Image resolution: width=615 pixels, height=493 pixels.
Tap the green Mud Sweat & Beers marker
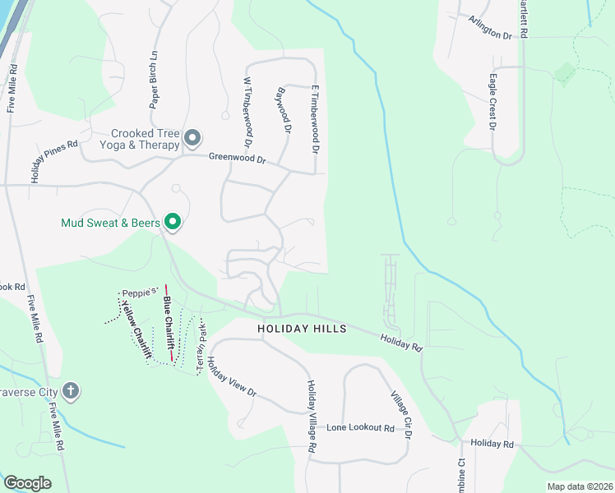point(173,222)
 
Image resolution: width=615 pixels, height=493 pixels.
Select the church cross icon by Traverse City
point(71,390)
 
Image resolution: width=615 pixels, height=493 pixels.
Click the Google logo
point(27,483)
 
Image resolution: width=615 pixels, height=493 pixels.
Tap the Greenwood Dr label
point(238,158)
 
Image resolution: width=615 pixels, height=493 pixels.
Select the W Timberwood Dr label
point(247,109)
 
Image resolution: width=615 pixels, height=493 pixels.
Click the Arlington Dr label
point(490,29)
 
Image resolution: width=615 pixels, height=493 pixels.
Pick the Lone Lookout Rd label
point(361,428)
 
